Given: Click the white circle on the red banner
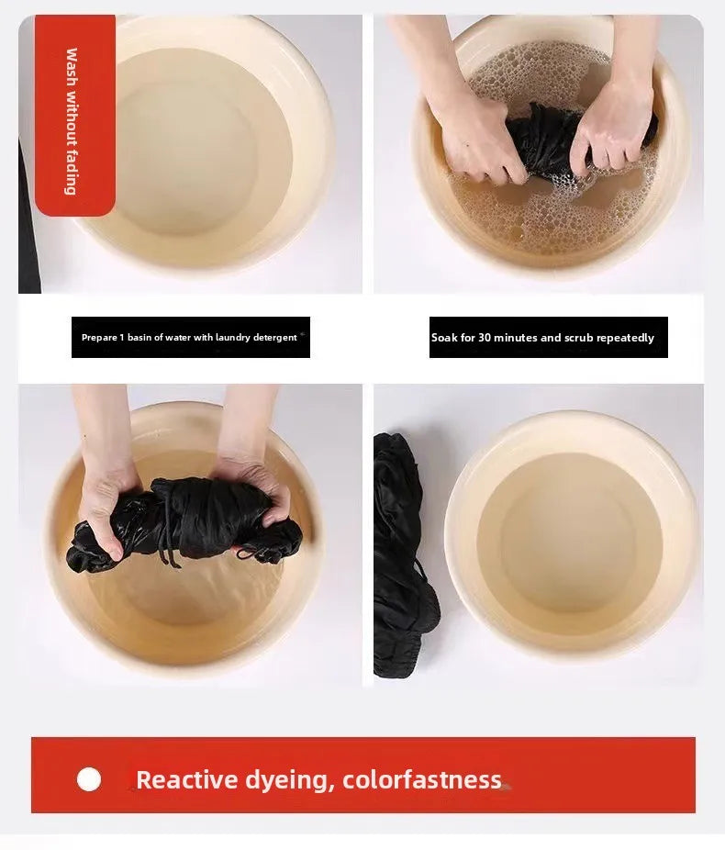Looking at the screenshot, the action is click(x=89, y=779).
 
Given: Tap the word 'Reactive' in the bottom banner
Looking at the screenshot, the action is click(x=187, y=779).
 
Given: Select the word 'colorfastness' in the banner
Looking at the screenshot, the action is click(x=422, y=779).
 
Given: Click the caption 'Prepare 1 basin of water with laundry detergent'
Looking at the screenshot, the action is click(x=189, y=337).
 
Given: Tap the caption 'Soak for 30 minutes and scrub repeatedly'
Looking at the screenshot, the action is click(x=542, y=337).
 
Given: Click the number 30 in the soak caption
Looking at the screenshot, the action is click(x=485, y=337).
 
